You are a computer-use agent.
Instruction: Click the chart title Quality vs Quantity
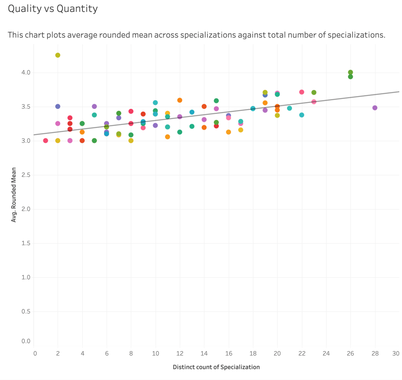(53, 9)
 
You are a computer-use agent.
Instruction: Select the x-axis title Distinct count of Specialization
(216, 367)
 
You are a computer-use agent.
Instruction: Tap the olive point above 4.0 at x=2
(58, 55)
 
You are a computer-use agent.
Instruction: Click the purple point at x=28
(375, 108)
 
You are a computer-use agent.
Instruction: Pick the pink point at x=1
(46, 141)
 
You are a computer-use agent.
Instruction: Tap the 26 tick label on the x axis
(350, 354)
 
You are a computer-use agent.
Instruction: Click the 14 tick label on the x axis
(204, 354)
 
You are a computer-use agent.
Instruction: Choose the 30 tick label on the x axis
(396, 354)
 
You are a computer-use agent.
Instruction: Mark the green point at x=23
(314, 92)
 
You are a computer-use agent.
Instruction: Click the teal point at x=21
(289, 108)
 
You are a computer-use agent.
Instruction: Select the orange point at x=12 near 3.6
(180, 100)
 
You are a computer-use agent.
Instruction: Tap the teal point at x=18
(253, 108)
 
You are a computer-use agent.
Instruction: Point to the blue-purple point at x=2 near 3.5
(58, 106)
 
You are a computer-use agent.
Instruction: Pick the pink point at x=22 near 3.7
(301, 92)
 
